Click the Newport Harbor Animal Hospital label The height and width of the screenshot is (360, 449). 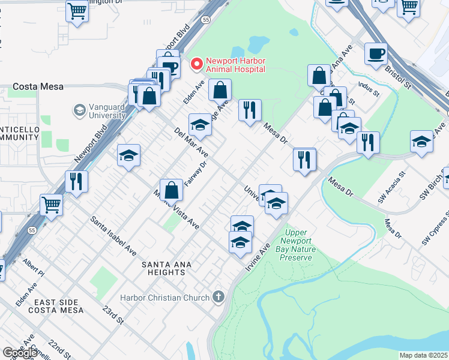pos(235,65)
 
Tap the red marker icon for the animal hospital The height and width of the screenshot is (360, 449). pos(196,63)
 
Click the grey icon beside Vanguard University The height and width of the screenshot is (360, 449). pos(79,110)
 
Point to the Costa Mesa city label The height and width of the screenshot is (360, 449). pos(39,86)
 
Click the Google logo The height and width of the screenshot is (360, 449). pos(20,353)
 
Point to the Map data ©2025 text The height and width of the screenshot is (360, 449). pos(423,355)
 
